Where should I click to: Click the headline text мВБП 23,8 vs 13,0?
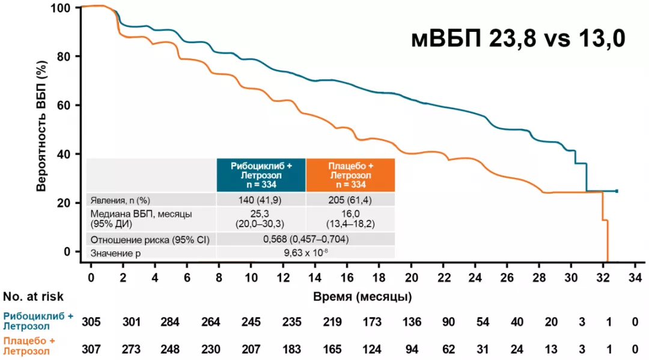[518, 39]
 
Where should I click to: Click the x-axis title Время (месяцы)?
[362, 296]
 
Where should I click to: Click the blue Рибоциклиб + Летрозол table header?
[261, 175]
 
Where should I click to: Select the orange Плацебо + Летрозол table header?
[350, 175]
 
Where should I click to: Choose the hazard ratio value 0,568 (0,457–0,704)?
[306, 240]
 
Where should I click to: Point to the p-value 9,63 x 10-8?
[306, 254]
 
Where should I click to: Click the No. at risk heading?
[33, 296]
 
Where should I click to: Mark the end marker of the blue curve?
[617, 191]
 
